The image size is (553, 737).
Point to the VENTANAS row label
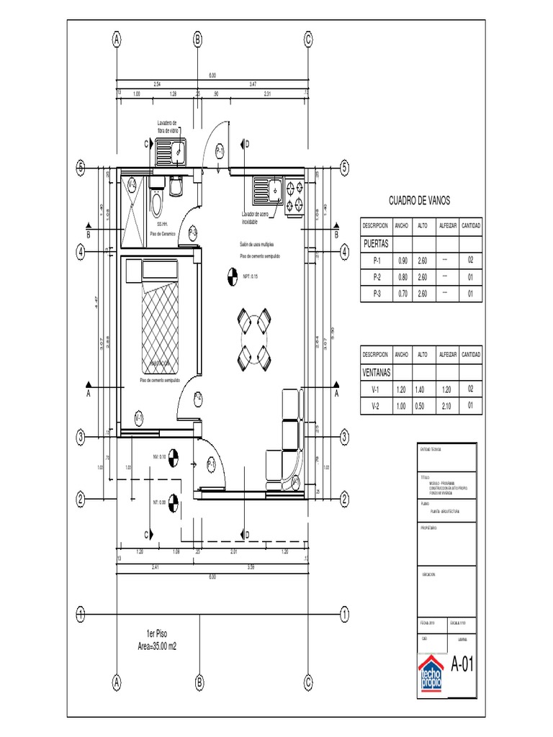377,373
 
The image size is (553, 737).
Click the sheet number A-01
462,664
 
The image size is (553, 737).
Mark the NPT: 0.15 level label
250,275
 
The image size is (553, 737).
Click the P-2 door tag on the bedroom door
198,397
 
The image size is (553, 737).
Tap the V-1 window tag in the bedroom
139,417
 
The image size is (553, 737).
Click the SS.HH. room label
161,225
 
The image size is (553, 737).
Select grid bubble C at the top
307,40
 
